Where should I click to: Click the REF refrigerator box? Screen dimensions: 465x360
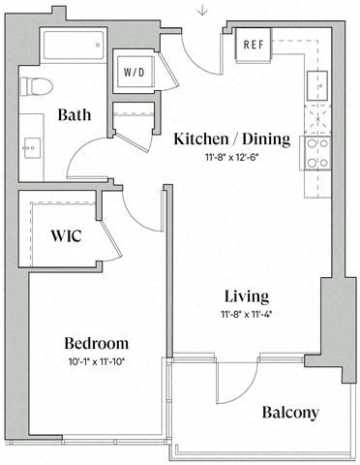pyautogui.click(x=255, y=44)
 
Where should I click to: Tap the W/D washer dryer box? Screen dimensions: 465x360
pyautogui.click(x=133, y=72)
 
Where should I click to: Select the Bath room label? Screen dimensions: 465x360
pyautogui.click(x=74, y=114)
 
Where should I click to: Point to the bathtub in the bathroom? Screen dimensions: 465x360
pyautogui.click(x=72, y=46)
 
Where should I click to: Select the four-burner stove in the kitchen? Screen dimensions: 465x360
pyautogui.click(x=317, y=152)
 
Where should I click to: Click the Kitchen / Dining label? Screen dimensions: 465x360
pyautogui.click(x=231, y=139)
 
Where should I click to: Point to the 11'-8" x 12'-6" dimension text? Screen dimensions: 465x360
pyautogui.click(x=231, y=157)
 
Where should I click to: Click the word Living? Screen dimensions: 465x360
pyautogui.click(x=246, y=295)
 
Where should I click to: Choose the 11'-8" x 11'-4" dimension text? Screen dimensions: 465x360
pyautogui.click(x=246, y=313)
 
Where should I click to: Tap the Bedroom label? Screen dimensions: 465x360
pyautogui.click(x=96, y=343)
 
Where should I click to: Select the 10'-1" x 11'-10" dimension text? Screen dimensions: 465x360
pyautogui.click(x=96, y=361)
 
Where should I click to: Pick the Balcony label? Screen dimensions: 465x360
pyautogui.click(x=290, y=413)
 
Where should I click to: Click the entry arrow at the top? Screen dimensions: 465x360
pyautogui.click(x=201, y=11)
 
